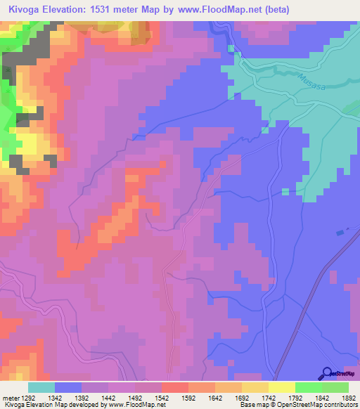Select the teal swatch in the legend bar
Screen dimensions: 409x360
click(41, 387)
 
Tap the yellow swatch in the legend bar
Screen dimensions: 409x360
click(281, 387)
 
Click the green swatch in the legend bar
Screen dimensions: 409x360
click(308, 387)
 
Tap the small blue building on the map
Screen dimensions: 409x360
click(341, 232)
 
